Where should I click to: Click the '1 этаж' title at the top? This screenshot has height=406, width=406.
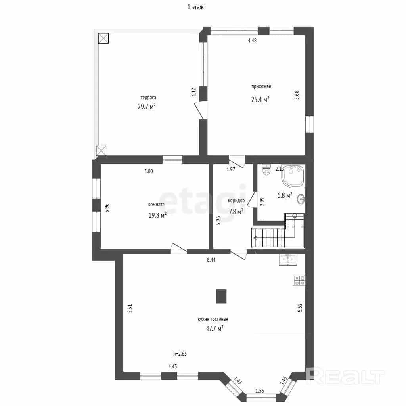coord(195,7)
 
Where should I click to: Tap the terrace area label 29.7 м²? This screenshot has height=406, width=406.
coord(147,106)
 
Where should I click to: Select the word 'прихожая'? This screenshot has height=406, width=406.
coord(261,86)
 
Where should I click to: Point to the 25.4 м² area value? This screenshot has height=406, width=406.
coord(260,99)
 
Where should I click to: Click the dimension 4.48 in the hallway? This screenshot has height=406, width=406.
coord(252,40)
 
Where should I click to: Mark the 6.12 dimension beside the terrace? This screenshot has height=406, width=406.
coord(194,92)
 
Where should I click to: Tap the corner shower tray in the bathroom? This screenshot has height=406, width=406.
coord(293,176)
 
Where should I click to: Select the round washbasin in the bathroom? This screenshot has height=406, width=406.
coord(301,199)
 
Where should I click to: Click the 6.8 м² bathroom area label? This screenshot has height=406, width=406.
coord(285,195)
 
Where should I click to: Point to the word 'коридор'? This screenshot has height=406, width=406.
coord(236,201)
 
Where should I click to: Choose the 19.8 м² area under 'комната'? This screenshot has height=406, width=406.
coord(157,215)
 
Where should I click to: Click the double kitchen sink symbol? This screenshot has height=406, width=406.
coord(288,259)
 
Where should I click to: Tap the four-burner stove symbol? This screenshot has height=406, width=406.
coord(299,281)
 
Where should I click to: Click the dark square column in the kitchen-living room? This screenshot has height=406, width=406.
coord(221,296)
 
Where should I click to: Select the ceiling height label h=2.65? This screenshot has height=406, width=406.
coord(180,354)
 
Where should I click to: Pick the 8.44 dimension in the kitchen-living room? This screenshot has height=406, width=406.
coord(211,260)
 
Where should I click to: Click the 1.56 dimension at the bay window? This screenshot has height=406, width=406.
coord(260,391)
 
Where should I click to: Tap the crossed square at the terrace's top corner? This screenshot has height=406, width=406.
coord(103,38)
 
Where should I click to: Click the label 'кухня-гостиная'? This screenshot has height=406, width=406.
coord(213,319)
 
